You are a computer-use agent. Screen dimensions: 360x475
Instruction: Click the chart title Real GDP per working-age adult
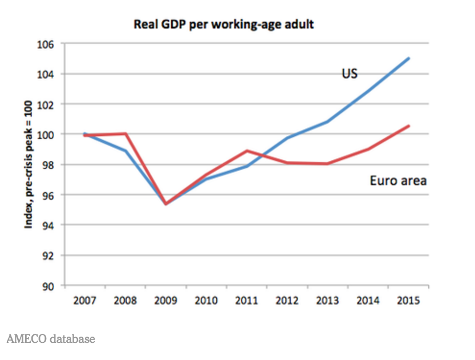pyautogui.click(x=224, y=25)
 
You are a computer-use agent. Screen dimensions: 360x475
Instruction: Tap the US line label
pyautogui.click(x=350, y=74)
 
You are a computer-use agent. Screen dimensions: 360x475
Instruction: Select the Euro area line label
pyautogui.click(x=398, y=181)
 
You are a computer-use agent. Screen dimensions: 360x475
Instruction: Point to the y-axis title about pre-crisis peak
pyautogui.click(x=27, y=166)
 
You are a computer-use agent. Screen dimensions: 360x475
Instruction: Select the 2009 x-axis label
pyautogui.click(x=166, y=301)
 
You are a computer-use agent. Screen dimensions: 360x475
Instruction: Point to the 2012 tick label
pyautogui.click(x=287, y=301)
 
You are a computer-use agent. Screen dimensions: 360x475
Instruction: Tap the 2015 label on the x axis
pyautogui.click(x=409, y=301)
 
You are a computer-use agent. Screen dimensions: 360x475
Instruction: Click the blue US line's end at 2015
pyautogui.click(x=409, y=58)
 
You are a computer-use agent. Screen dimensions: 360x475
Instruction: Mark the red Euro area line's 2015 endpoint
pyautogui.click(x=409, y=126)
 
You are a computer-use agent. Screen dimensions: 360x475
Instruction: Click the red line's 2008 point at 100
pyautogui.click(x=125, y=134)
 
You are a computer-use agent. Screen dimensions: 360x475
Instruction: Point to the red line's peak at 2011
pyautogui.click(x=247, y=151)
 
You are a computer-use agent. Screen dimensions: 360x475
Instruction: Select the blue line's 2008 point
pyautogui.click(x=125, y=151)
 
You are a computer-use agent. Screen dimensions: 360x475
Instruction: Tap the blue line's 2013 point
pyautogui.click(x=328, y=122)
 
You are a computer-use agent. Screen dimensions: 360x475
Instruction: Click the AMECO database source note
pyautogui.click(x=50, y=339)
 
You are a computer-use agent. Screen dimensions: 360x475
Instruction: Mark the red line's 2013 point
pyautogui.click(x=328, y=164)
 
